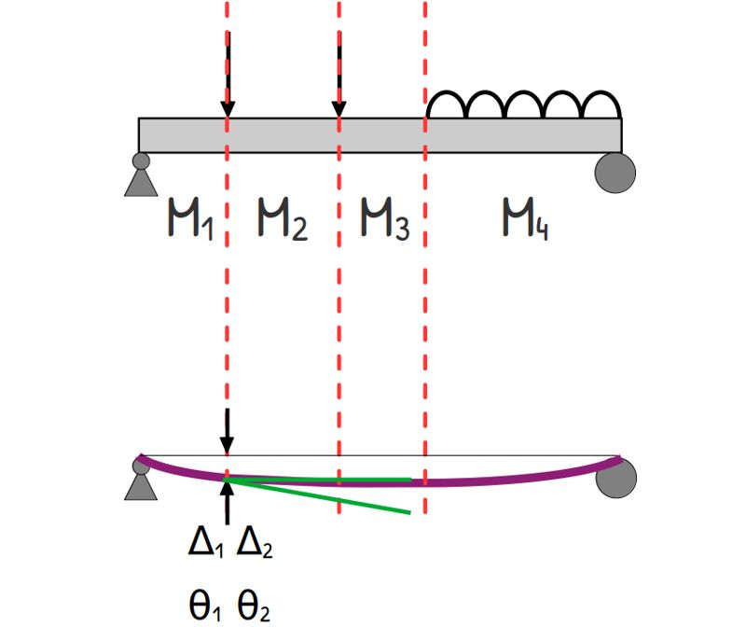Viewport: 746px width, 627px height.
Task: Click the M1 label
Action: pos(190,218)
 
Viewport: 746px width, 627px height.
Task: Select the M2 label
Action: pos(283,218)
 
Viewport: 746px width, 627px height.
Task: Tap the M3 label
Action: pos(385,218)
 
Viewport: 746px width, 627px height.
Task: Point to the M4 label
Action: pos(525,218)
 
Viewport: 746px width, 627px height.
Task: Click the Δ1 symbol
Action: pos(205,543)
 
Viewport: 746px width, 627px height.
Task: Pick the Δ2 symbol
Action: pos(255,543)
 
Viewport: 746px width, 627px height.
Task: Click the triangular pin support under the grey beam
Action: pos(141,174)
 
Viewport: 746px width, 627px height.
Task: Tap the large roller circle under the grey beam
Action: pos(615,173)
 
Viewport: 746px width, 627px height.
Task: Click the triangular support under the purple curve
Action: pos(141,480)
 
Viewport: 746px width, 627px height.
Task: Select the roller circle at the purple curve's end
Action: pos(616,478)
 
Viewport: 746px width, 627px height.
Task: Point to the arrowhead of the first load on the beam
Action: pos(228,109)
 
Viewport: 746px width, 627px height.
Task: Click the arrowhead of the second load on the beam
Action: pos(338,109)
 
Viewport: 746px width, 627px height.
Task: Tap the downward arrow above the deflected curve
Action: pos(228,431)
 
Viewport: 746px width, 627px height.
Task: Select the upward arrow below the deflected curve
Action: pos(228,502)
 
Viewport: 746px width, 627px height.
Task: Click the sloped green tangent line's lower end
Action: pos(409,513)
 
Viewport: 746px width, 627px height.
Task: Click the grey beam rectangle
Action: pos(380,135)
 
